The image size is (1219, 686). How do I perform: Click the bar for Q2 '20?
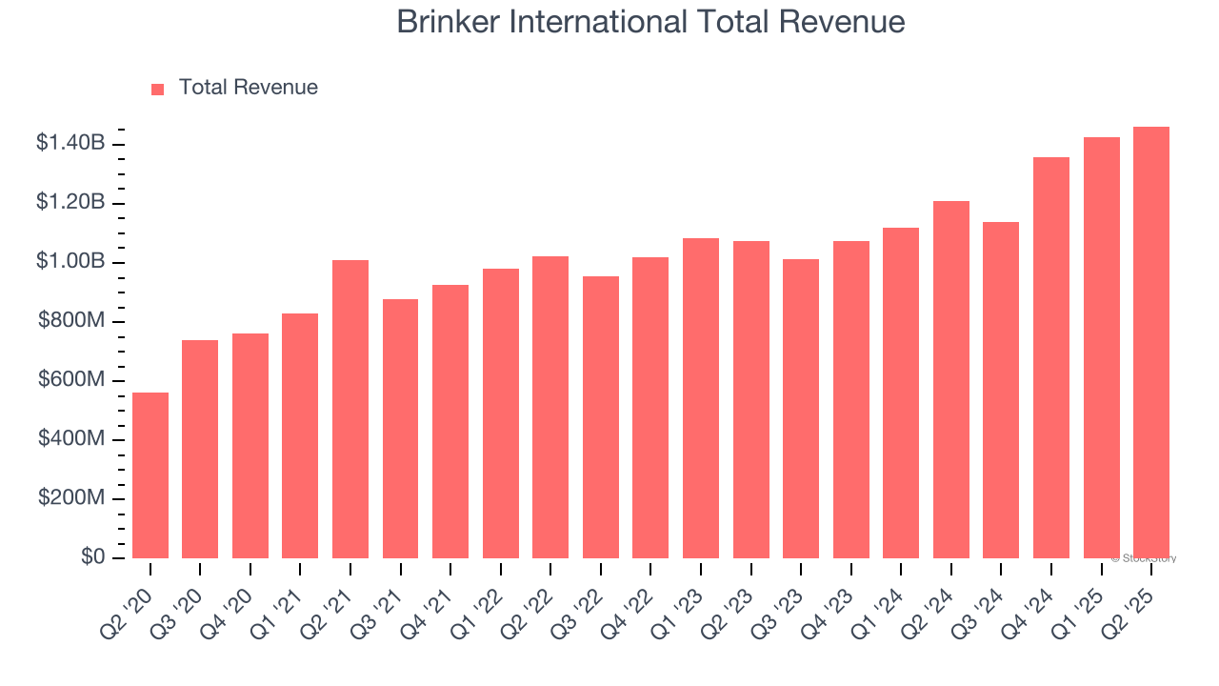pyautogui.click(x=150, y=475)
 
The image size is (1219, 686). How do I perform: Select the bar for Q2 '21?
pyautogui.click(x=350, y=409)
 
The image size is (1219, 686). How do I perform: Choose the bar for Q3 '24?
pyautogui.click(x=1001, y=390)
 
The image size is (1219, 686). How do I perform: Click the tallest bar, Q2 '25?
pyautogui.click(x=1151, y=342)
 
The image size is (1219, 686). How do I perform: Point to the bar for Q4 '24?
pyautogui.click(x=1051, y=357)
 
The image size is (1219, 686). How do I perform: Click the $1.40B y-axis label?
pyautogui.click(x=70, y=144)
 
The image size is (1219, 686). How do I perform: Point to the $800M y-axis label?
pyautogui.click(x=72, y=321)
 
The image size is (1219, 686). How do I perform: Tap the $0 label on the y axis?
pyautogui.click(x=93, y=557)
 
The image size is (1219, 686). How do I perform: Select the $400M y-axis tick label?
pyautogui.click(x=72, y=439)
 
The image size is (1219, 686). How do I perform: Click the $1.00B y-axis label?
pyautogui.click(x=70, y=262)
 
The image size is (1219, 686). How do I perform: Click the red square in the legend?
pyautogui.click(x=158, y=89)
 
